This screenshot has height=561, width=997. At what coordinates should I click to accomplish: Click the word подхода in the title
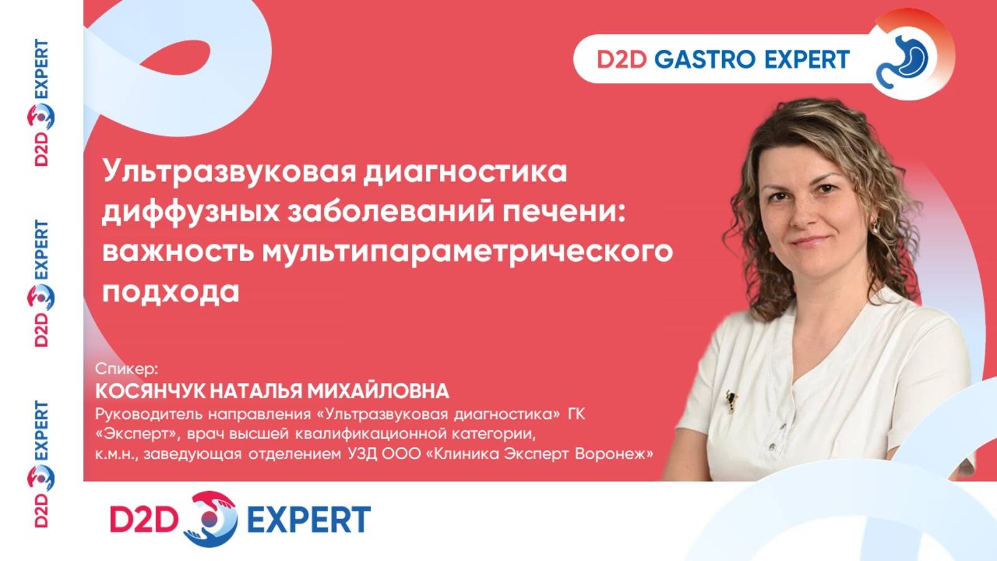[x=171, y=291]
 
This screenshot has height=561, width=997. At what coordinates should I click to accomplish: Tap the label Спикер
[x=126, y=368]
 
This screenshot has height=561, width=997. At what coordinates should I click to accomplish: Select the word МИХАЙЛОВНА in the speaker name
[x=378, y=391]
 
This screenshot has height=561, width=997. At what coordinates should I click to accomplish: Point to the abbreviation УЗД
[x=362, y=454]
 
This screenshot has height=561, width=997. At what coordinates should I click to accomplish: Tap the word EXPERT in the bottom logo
[x=308, y=519]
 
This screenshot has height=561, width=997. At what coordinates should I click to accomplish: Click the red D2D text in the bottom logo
[x=144, y=519]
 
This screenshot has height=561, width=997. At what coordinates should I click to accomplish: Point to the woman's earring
[x=874, y=223]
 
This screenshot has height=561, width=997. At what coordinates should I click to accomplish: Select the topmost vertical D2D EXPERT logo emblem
[x=41, y=117]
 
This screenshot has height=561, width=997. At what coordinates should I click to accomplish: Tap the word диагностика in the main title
[x=465, y=172]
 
